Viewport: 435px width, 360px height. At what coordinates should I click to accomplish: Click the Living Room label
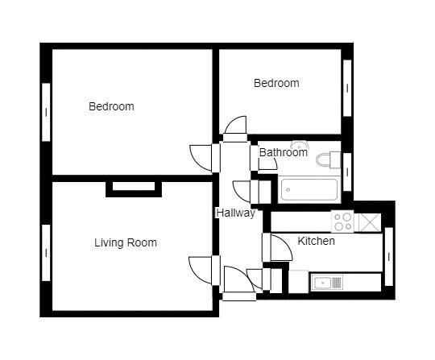point(125,242)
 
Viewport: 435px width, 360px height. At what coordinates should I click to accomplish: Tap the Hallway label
point(235,213)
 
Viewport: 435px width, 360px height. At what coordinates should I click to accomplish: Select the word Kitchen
point(316,241)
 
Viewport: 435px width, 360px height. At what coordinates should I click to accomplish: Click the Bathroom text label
point(283,152)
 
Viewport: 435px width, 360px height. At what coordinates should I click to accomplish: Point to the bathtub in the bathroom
point(309,191)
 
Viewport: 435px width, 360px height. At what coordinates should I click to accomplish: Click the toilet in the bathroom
point(328,159)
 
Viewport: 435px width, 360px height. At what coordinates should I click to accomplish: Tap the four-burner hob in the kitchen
point(342,221)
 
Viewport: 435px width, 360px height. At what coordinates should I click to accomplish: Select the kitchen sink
point(326,282)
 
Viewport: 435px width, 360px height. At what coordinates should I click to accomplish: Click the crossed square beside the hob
point(368,221)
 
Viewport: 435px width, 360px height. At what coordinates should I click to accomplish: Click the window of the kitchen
point(388,256)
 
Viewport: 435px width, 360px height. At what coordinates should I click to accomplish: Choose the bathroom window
point(347,172)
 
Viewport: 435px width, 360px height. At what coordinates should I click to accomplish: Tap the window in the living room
point(46,252)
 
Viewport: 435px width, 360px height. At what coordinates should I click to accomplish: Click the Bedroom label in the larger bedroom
point(111,106)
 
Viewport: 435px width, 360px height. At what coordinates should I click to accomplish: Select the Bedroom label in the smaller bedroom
point(276,83)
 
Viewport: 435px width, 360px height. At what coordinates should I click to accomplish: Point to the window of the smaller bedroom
point(347,87)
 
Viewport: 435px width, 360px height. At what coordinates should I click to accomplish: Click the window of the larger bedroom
point(46,112)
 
